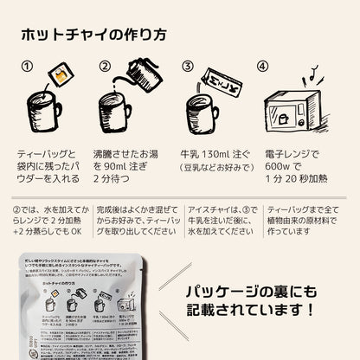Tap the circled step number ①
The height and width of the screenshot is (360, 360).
tap(27, 66)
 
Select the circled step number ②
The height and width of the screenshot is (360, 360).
tap(106, 66)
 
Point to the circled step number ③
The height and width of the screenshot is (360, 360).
tap(186, 66)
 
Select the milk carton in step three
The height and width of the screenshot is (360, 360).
tap(215, 84)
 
